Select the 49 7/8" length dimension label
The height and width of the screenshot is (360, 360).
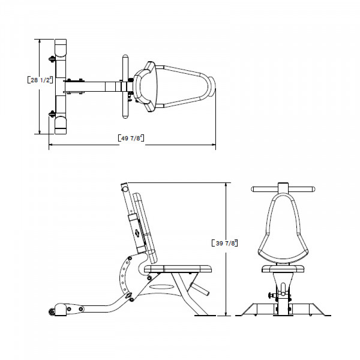[x=131, y=138]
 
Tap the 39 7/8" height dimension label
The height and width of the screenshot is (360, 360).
[x=226, y=242]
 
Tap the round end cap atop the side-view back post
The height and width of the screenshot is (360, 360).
[x=124, y=187]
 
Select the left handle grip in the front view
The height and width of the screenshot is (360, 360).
[x=262, y=189]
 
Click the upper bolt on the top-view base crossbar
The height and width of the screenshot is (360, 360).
[x=52, y=59]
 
